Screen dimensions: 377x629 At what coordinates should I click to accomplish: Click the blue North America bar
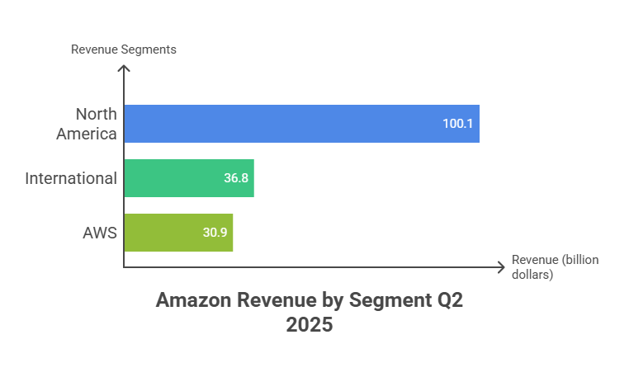point(302,124)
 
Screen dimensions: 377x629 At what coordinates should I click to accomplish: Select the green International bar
point(189,178)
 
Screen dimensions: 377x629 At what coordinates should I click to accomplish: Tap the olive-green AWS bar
point(179,233)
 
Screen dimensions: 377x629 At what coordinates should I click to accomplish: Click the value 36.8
point(236,178)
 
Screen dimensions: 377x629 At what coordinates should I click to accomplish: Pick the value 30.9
point(215,233)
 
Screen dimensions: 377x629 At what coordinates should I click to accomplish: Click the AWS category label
point(99,233)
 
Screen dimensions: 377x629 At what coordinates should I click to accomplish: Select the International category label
point(70,178)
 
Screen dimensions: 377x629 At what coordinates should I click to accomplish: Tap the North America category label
point(87,124)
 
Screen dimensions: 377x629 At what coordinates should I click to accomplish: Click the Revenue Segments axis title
point(123,49)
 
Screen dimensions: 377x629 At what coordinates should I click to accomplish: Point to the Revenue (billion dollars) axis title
point(555,266)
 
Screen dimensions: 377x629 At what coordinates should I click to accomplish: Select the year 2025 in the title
point(310,325)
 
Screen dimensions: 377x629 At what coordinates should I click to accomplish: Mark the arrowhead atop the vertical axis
point(124,68)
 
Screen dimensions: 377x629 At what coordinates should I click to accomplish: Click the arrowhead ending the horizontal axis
point(500,266)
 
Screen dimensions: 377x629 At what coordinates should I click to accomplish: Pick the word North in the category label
point(95,115)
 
